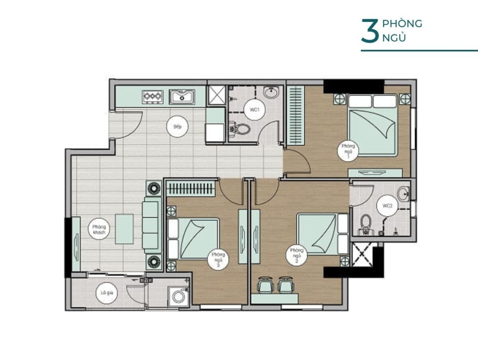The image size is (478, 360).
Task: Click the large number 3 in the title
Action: pos(370,30)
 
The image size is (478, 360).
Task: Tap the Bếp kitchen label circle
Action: pos(177,127)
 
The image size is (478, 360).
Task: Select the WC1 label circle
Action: pos(254,110)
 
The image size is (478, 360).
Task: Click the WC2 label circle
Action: pos(387,206)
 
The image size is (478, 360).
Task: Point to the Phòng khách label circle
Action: pos(99,229)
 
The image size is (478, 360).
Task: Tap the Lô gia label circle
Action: pos(107,293)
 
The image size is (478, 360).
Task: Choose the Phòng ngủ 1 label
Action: pos(348,151)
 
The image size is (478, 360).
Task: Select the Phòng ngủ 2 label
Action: pos(296,255)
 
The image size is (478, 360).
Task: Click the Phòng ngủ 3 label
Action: pos(218,260)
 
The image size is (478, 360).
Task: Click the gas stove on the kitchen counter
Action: pos(153,97)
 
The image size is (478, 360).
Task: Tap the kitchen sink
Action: pos(182,97)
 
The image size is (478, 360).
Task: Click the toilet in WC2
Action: pos(366,225)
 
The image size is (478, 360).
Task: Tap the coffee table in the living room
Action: pos(124,229)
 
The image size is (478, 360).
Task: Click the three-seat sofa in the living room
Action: pos(152,225)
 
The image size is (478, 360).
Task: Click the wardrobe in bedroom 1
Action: pos(295,116)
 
